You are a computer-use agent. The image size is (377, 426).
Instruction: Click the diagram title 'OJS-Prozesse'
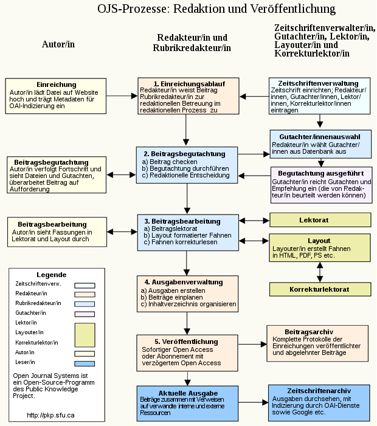216,9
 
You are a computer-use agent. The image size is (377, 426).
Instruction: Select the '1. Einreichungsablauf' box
187,97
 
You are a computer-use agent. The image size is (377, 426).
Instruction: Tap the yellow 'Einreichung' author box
56,95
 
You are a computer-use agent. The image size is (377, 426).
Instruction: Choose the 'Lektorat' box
320,219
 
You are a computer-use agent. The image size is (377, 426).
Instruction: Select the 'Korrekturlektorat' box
320,289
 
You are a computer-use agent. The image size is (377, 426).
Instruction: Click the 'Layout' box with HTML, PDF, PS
320,248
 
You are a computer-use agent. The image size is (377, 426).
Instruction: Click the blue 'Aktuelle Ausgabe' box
187,403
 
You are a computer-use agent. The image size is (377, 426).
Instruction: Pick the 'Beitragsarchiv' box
317,343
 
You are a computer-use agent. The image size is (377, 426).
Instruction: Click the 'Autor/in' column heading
58,44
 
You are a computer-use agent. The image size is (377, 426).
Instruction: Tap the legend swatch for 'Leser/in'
85,364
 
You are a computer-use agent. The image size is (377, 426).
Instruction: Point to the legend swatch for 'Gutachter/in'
85,314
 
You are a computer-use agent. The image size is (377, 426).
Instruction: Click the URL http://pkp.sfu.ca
51,415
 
